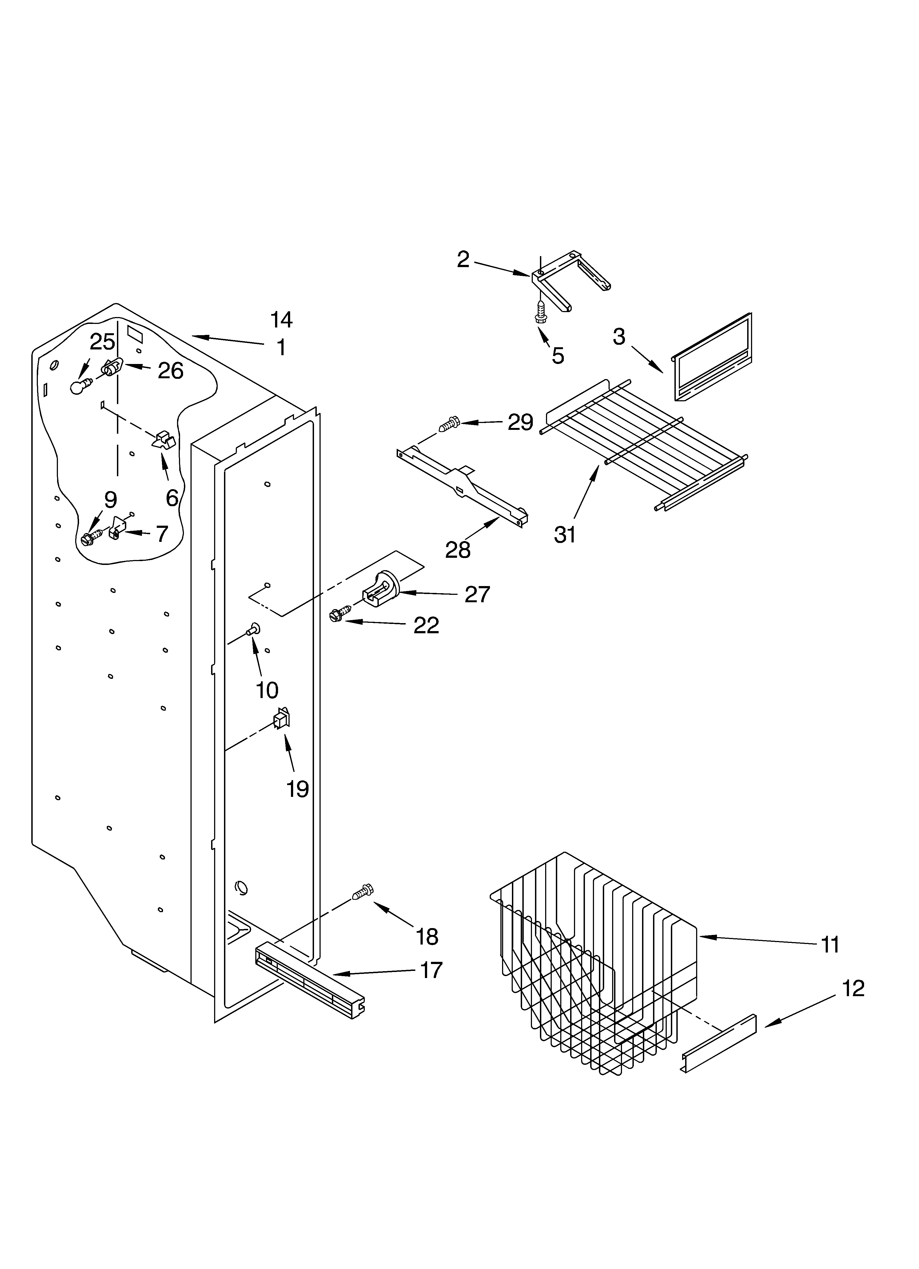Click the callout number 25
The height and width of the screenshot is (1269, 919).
102,342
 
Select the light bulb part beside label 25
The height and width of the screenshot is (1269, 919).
80,386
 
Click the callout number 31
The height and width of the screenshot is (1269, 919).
565,535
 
